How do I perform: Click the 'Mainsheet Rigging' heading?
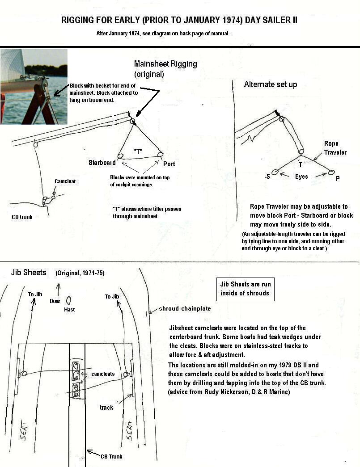click(165, 64)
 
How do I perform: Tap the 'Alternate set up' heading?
click(270, 84)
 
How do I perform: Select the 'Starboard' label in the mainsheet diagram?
click(102, 163)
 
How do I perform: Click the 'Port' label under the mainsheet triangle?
click(169, 164)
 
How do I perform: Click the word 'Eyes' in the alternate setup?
click(301, 177)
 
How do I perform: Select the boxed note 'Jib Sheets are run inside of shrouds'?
click(245, 289)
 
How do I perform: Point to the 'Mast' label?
click(69, 309)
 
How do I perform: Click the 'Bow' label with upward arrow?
click(55, 301)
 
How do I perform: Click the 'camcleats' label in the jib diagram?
click(103, 374)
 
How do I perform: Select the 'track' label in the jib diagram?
click(106, 407)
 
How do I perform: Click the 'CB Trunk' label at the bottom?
click(111, 456)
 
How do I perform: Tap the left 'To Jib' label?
click(37, 294)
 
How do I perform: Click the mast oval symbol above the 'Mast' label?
click(69, 300)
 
